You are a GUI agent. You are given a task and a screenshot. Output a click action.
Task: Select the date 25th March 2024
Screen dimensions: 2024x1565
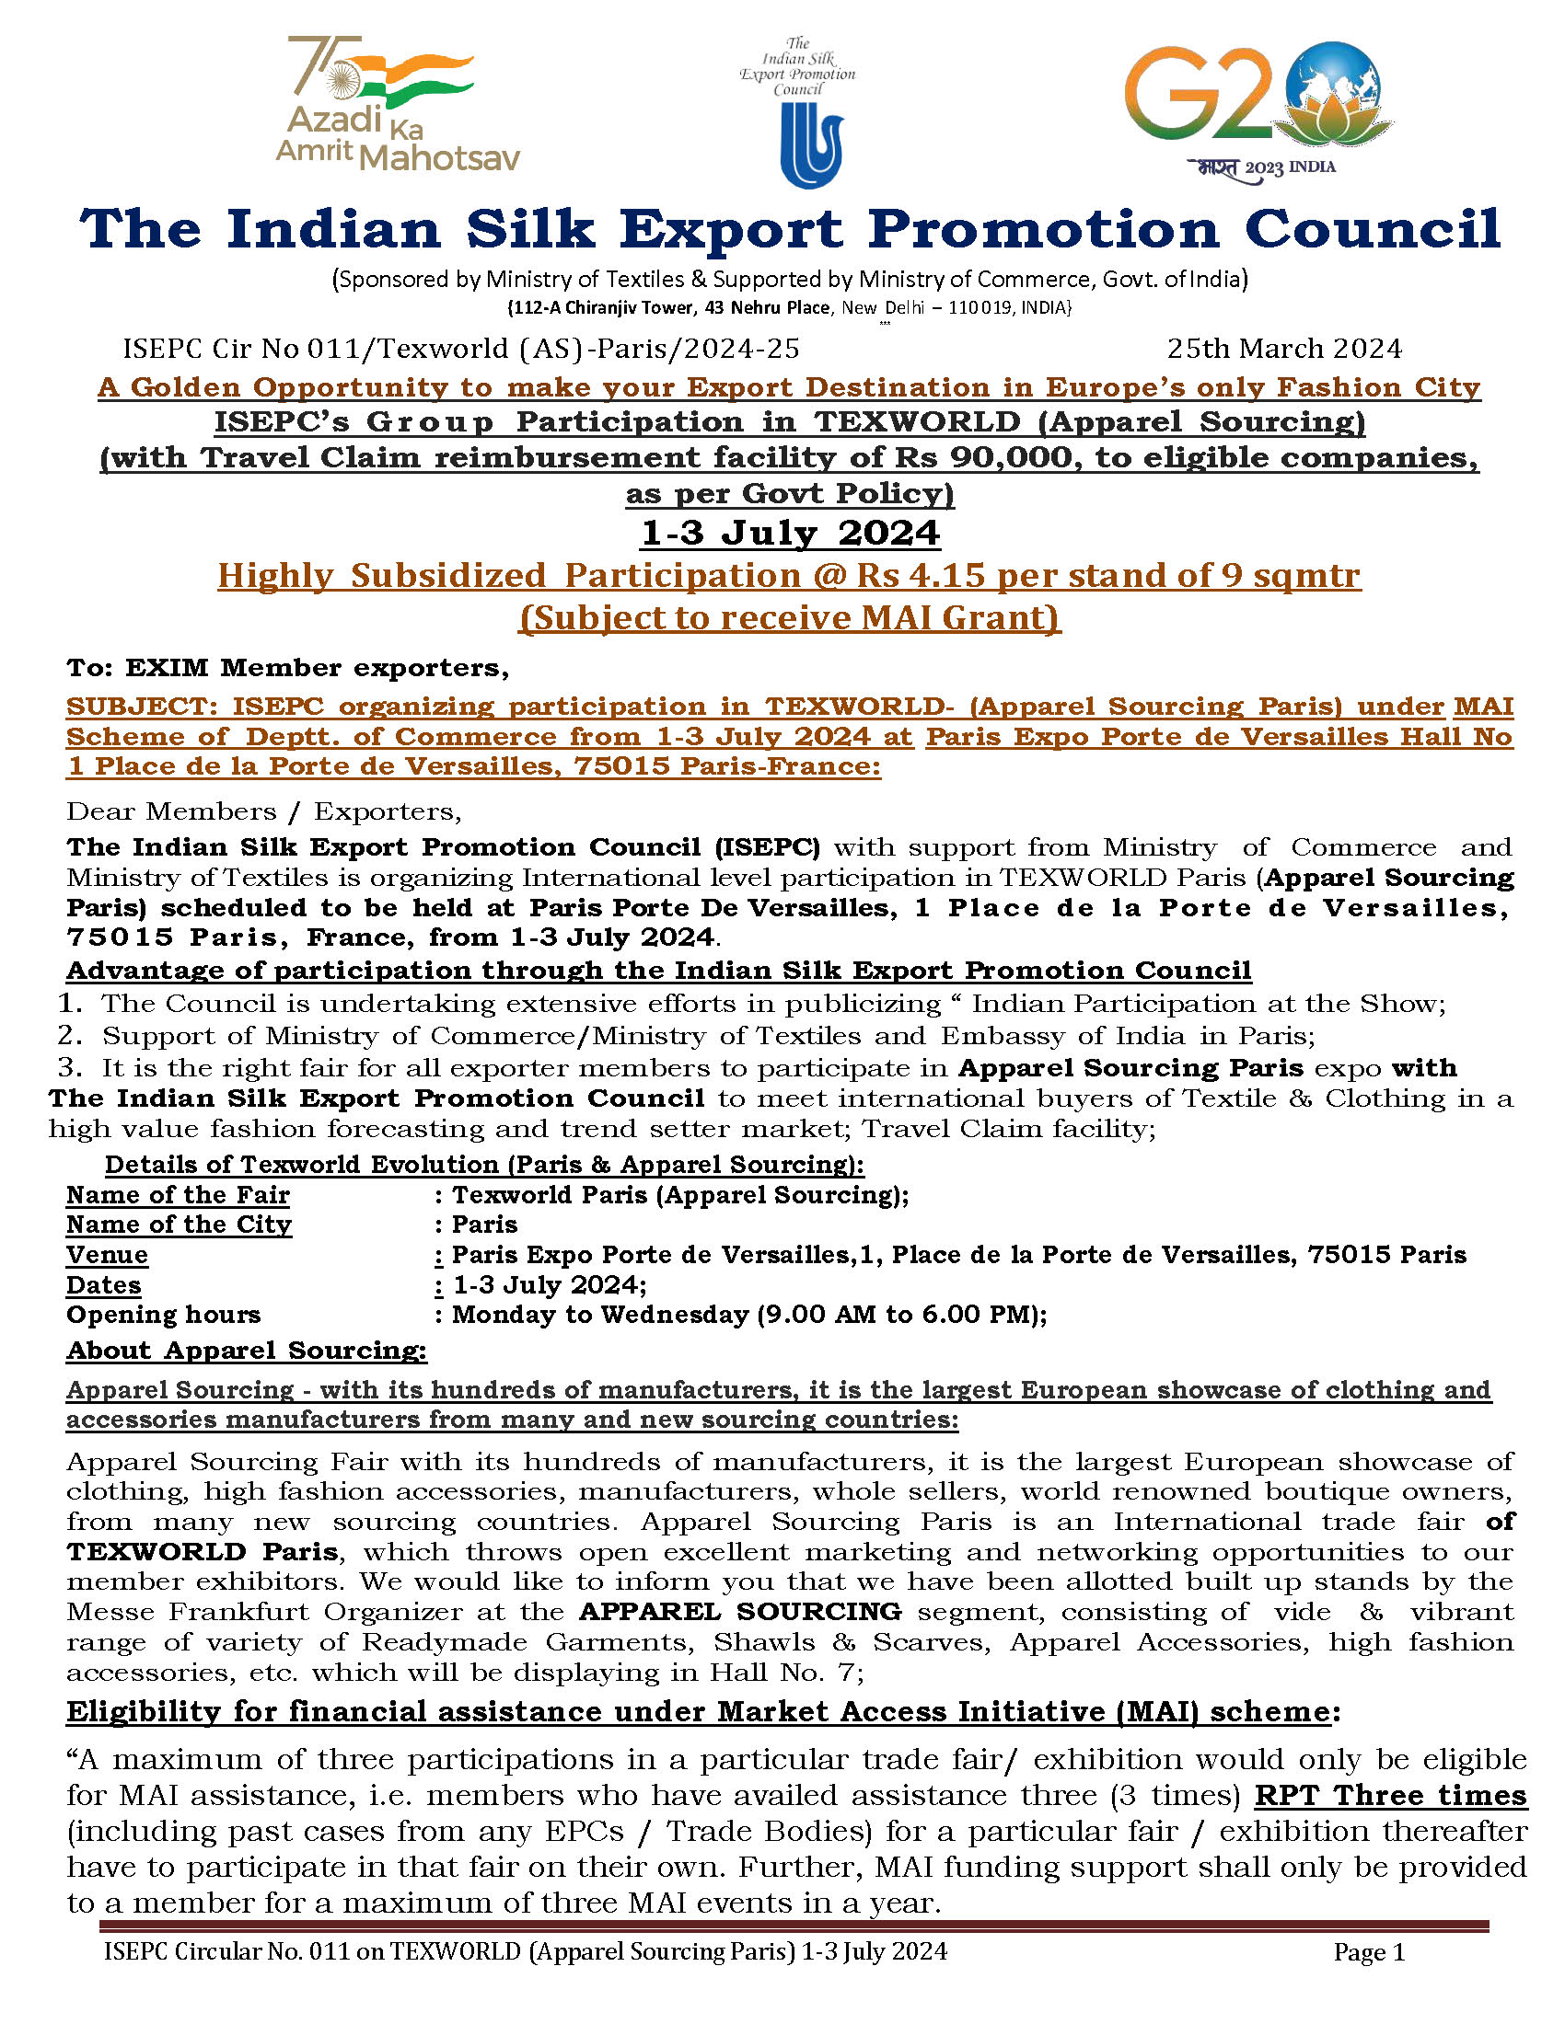pyautogui.click(x=1284, y=349)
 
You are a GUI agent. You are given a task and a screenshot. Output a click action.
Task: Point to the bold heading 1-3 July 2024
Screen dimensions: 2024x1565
pyautogui.click(x=790, y=534)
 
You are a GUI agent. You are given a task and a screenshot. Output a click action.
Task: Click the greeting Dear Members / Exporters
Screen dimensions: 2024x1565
pyautogui.click(x=263, y=811)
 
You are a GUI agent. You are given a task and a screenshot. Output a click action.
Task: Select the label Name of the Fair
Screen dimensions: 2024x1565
pyautogui.click(x=178, y=1194)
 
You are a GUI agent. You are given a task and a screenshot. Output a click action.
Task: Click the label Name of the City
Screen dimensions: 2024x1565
pyautogui.click(x=179, y=1225)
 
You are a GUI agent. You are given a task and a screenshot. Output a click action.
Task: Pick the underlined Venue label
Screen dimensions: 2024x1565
pyautogui.click(x=107, y=1255)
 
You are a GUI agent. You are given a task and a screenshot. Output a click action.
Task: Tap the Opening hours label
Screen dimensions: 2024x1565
pyautogui.click(x=163, y=1314)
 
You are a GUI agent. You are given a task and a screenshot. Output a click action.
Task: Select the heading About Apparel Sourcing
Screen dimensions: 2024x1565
pyautogui.click(x=247, y=1351)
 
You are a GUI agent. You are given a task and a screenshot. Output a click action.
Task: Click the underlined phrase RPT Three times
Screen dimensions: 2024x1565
pyautogui.click(x=1390, y=1795)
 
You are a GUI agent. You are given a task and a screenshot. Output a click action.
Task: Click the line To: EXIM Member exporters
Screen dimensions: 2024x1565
pyautogui.click(x=287, y=667)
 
